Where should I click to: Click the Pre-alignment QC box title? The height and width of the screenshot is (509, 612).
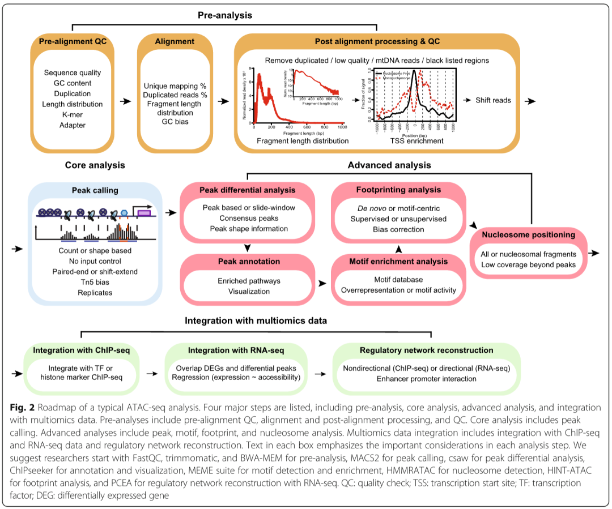point(72,41)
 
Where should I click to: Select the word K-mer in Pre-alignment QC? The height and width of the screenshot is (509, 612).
point(72,114)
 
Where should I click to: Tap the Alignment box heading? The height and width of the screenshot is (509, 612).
point(175,41)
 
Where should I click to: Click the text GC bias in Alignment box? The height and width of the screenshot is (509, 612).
point(175,121)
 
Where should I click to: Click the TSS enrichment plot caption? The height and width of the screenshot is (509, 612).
point(416,140)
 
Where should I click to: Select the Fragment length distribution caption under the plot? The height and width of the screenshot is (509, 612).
point(303,140)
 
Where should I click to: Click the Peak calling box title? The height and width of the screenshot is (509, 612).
point(95,190)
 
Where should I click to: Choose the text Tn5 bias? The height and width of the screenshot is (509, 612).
point(95,282)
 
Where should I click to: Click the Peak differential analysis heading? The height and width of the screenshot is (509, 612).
point(247,190)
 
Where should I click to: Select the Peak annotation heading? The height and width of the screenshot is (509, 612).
point(247,262)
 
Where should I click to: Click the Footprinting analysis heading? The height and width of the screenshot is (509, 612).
point(398,190)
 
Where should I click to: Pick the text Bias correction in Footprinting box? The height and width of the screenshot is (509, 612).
point(398,229)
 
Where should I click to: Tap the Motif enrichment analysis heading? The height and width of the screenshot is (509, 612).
point(398,262)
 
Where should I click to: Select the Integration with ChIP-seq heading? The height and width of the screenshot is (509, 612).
point(82,350)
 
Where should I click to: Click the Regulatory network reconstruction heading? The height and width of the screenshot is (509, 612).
point(427,350)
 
